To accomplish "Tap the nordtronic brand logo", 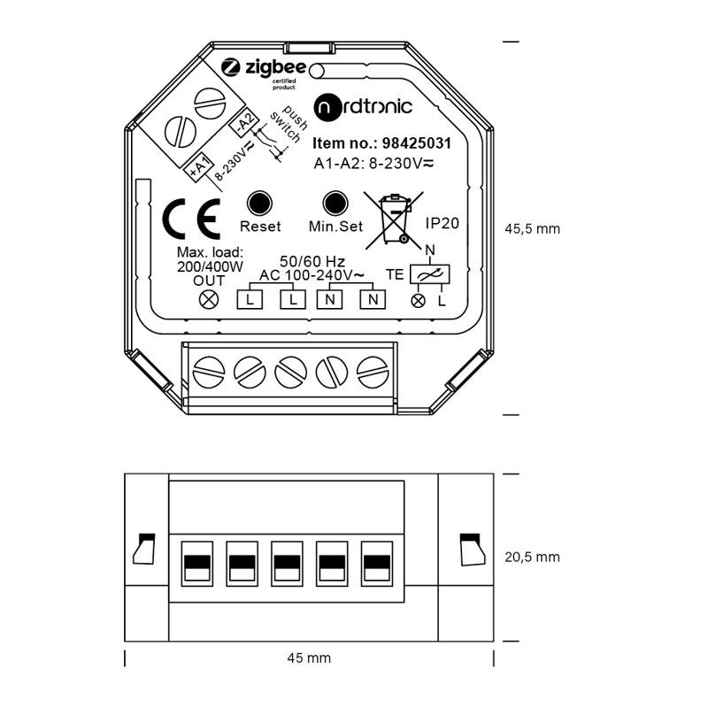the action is click(x=363, y=107).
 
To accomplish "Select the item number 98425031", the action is click(x=417, y=143).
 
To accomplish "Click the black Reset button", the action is click(x=259, y=204).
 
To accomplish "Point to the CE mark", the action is click(x=191, y=219).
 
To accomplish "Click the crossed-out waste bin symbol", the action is click(x=394, y=219).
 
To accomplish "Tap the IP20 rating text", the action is click(x=442, y=223).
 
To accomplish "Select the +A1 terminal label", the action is click(x=199, y=167).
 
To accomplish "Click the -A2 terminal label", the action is click(x=245, y=123).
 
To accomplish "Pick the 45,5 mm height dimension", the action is click(x=533, y=229).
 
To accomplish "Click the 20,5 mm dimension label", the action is click(x=533, y=558).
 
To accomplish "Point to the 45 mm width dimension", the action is click(x=309, y=658).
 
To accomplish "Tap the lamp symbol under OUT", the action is click(x=209, y=299).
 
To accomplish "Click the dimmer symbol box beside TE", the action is click(x=429, y=274).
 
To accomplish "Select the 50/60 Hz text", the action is click(x=312, y=261).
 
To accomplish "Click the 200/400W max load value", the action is click(x=210, y=267).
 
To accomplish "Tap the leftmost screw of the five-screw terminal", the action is click(x=209, y=372).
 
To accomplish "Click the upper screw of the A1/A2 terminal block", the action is click(x=210, y=104).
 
